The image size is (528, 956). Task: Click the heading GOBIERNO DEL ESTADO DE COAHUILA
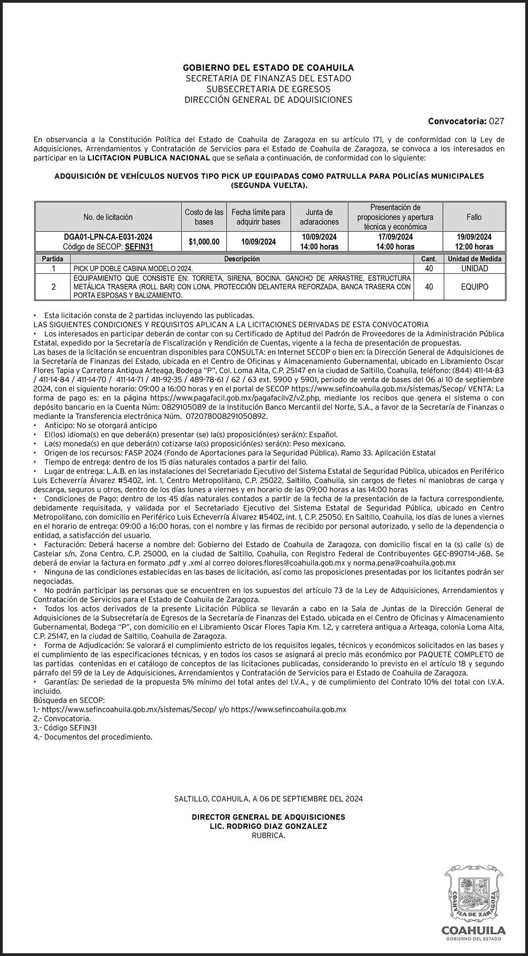coord(268,68)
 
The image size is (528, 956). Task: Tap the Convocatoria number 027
coord(496,122)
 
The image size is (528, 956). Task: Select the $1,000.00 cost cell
coord(204,242)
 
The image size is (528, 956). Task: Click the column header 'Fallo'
coord(474,217)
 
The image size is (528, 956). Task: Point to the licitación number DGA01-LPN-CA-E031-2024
coord(108,237)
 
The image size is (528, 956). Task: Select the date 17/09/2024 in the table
coord(395,237)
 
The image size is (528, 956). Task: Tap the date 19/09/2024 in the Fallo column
coord(474,237)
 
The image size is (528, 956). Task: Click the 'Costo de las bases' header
coord(204,217)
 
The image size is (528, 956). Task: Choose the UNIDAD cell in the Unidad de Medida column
coord(474,269)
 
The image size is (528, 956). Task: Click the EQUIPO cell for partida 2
coord(474,287)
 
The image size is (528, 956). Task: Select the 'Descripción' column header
coord(242,259)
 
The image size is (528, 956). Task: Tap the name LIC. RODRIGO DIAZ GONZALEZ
coord(268,827)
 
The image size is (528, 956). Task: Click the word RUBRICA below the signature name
coord(268,836)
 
